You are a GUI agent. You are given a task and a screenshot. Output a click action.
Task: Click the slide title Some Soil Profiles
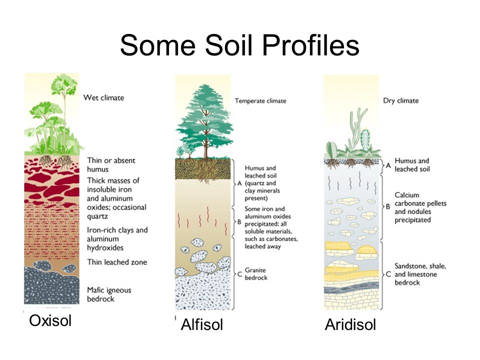239,45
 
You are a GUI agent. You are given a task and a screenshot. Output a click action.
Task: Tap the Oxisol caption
50,321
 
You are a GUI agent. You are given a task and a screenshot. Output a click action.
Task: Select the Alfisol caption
201,324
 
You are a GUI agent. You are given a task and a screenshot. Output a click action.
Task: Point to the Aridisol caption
350,324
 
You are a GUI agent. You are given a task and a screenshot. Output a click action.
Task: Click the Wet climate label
104,97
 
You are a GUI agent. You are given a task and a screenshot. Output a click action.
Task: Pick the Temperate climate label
260,100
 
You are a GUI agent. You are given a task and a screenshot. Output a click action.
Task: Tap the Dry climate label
400,100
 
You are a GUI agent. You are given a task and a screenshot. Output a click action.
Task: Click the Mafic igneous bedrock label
109,294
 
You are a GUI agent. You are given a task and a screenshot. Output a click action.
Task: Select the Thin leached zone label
117,262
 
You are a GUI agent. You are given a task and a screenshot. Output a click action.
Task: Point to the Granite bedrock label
256,274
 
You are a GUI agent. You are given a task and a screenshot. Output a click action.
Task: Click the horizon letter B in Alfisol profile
239,222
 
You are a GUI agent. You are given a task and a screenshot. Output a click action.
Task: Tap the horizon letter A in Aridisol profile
388,165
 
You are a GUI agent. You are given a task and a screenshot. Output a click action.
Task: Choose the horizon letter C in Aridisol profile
388,274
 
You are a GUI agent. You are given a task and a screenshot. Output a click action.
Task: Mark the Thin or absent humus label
111,164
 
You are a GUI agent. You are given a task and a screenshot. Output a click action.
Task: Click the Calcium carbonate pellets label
420,207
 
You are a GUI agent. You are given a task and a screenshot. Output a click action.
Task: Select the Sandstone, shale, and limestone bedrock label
420,274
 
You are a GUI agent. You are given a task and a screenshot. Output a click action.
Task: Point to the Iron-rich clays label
117,239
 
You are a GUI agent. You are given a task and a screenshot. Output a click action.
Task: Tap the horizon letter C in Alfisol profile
239,274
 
